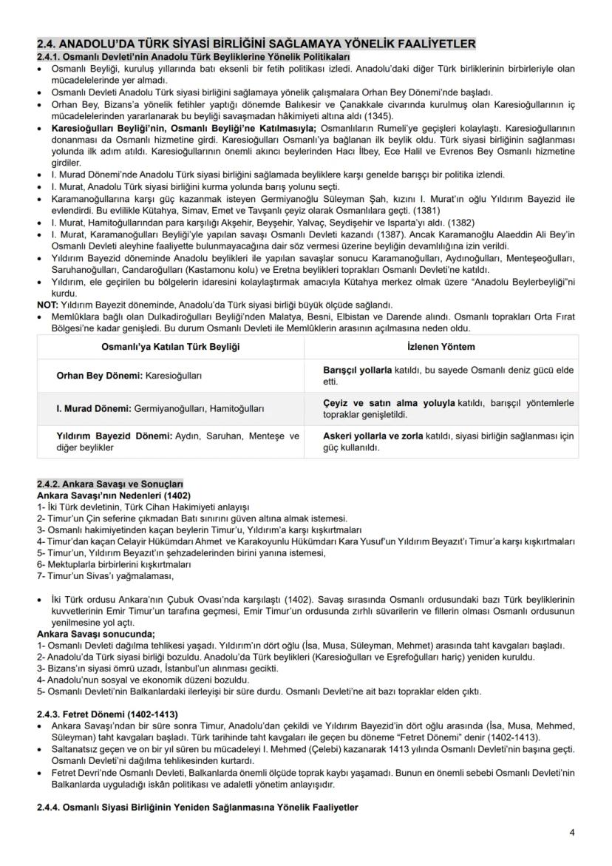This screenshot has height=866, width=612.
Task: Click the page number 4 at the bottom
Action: [x=571, y=832]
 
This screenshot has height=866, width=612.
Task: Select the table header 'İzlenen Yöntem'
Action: [x=441, y=347]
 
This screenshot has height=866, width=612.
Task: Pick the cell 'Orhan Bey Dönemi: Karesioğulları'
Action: [x=129, y=376]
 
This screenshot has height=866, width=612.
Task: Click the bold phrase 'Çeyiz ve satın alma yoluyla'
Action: [x=389, y=402]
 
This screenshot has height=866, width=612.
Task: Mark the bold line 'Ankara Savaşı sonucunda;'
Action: [x=96, y=634]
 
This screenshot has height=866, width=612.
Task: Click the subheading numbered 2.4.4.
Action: [x=197, y=808]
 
